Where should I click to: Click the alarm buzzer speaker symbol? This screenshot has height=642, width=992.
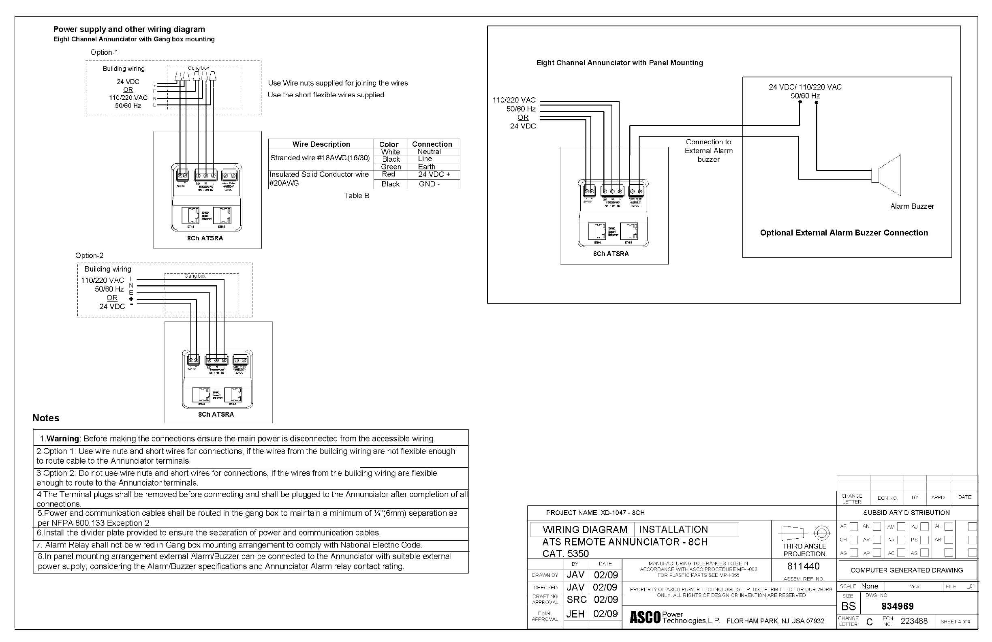(887, 175)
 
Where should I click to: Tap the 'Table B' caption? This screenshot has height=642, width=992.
(356, 195)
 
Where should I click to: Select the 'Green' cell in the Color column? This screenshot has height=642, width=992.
(391, 167)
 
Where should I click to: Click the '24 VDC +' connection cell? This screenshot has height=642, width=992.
(434, 174)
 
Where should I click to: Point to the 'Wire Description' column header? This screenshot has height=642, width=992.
(321, 144)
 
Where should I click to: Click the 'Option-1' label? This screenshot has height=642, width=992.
(104, 53)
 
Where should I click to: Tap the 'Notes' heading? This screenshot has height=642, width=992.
(46, 418)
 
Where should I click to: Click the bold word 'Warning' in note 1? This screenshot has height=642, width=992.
(62, 439)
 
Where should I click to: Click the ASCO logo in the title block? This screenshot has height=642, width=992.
(645, 617)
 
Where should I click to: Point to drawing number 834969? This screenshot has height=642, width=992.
(898, 606)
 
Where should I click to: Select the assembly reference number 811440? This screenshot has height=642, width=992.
(803, 566)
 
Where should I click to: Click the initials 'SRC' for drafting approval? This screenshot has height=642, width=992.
(577, 599)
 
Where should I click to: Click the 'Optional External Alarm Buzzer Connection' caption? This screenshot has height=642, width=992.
(844, 233)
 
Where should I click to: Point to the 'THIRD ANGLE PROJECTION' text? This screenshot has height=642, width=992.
(804, 550)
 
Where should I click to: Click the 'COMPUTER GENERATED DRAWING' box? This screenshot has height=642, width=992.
(906, 570)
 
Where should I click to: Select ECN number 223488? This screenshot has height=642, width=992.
(914, 621)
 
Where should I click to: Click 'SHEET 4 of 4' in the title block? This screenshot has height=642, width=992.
(955, 622)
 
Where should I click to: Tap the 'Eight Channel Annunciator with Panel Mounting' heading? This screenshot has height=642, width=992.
(619, 63)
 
